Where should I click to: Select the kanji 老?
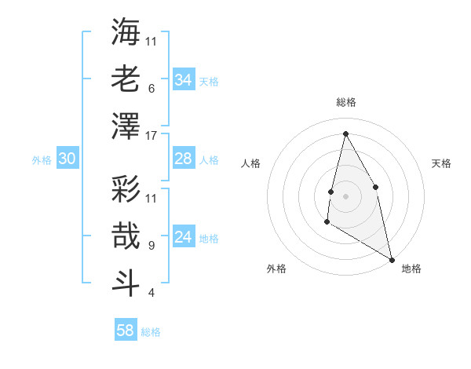(x=126, y=79)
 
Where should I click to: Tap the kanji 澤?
(x=126, y=126)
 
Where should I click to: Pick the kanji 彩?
(x=126, y=188)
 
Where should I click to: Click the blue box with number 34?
(x=183, y=80)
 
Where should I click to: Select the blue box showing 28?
(x=183, y=159)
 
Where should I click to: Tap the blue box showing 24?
(x=183, y=238)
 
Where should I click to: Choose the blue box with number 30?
(x=67, y=159)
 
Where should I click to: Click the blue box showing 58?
(x=126, y=331)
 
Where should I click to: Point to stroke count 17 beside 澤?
(x=152, y=136)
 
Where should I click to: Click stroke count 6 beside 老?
(x=151, y=89)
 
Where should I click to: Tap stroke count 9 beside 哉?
(x=151, y=246)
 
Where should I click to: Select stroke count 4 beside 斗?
(x=151, y=293)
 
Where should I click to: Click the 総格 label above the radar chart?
(x=345, y=102)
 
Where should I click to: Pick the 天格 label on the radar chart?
(x=441, y=163)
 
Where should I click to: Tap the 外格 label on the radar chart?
(x=276, y=269)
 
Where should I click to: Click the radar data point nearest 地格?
(x=392, y=259)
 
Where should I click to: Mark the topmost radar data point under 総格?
(x=345, y=133)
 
